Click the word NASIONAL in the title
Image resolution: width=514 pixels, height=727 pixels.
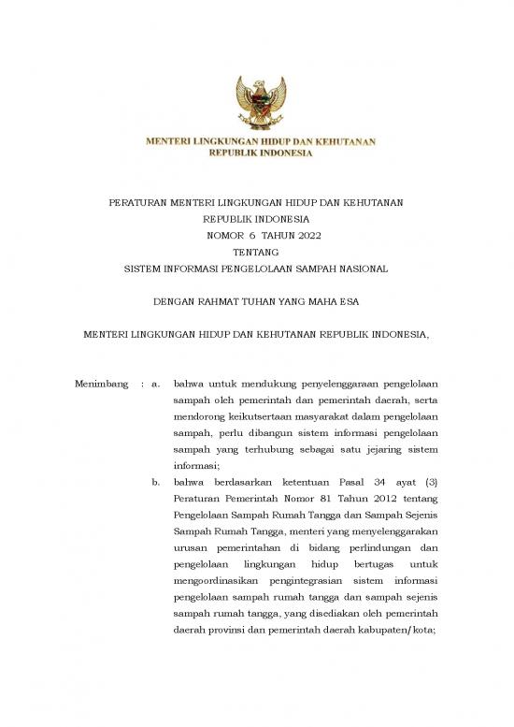(x=362, y=269)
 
